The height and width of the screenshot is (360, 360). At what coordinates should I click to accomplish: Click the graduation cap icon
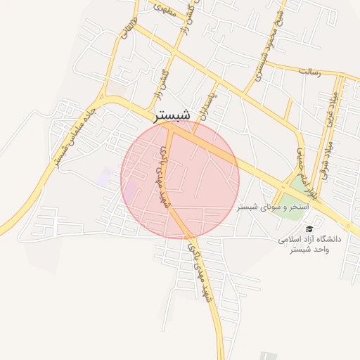pos(309,229)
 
